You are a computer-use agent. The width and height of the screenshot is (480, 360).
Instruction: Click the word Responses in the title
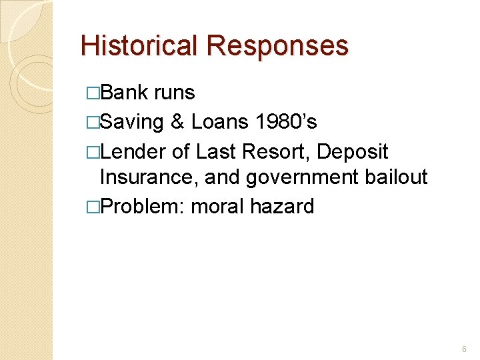point(277,46)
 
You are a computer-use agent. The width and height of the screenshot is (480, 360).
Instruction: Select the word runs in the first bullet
point(175,93)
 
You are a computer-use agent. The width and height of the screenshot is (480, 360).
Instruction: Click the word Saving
point(131,122)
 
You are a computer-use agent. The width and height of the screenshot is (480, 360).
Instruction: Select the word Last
point(218,151)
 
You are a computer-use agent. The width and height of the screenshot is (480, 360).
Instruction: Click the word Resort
point(277,151)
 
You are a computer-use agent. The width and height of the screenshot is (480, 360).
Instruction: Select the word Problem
point(142,207)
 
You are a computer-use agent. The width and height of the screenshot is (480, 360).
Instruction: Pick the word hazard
point(282,207)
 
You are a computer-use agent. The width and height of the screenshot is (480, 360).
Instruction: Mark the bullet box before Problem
point(93,207)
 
